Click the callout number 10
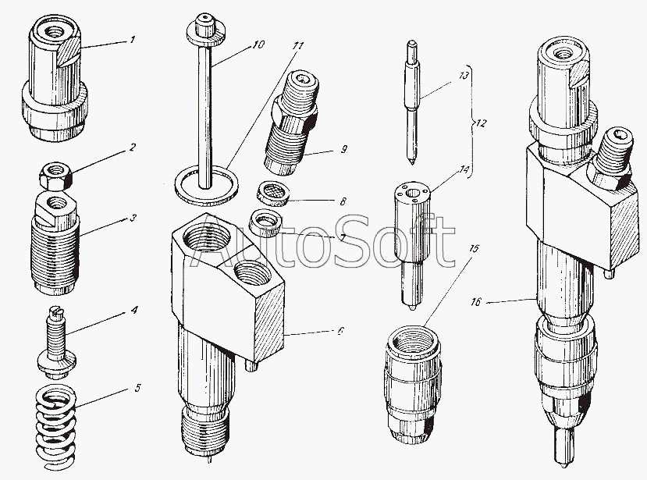tap(258, 45)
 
